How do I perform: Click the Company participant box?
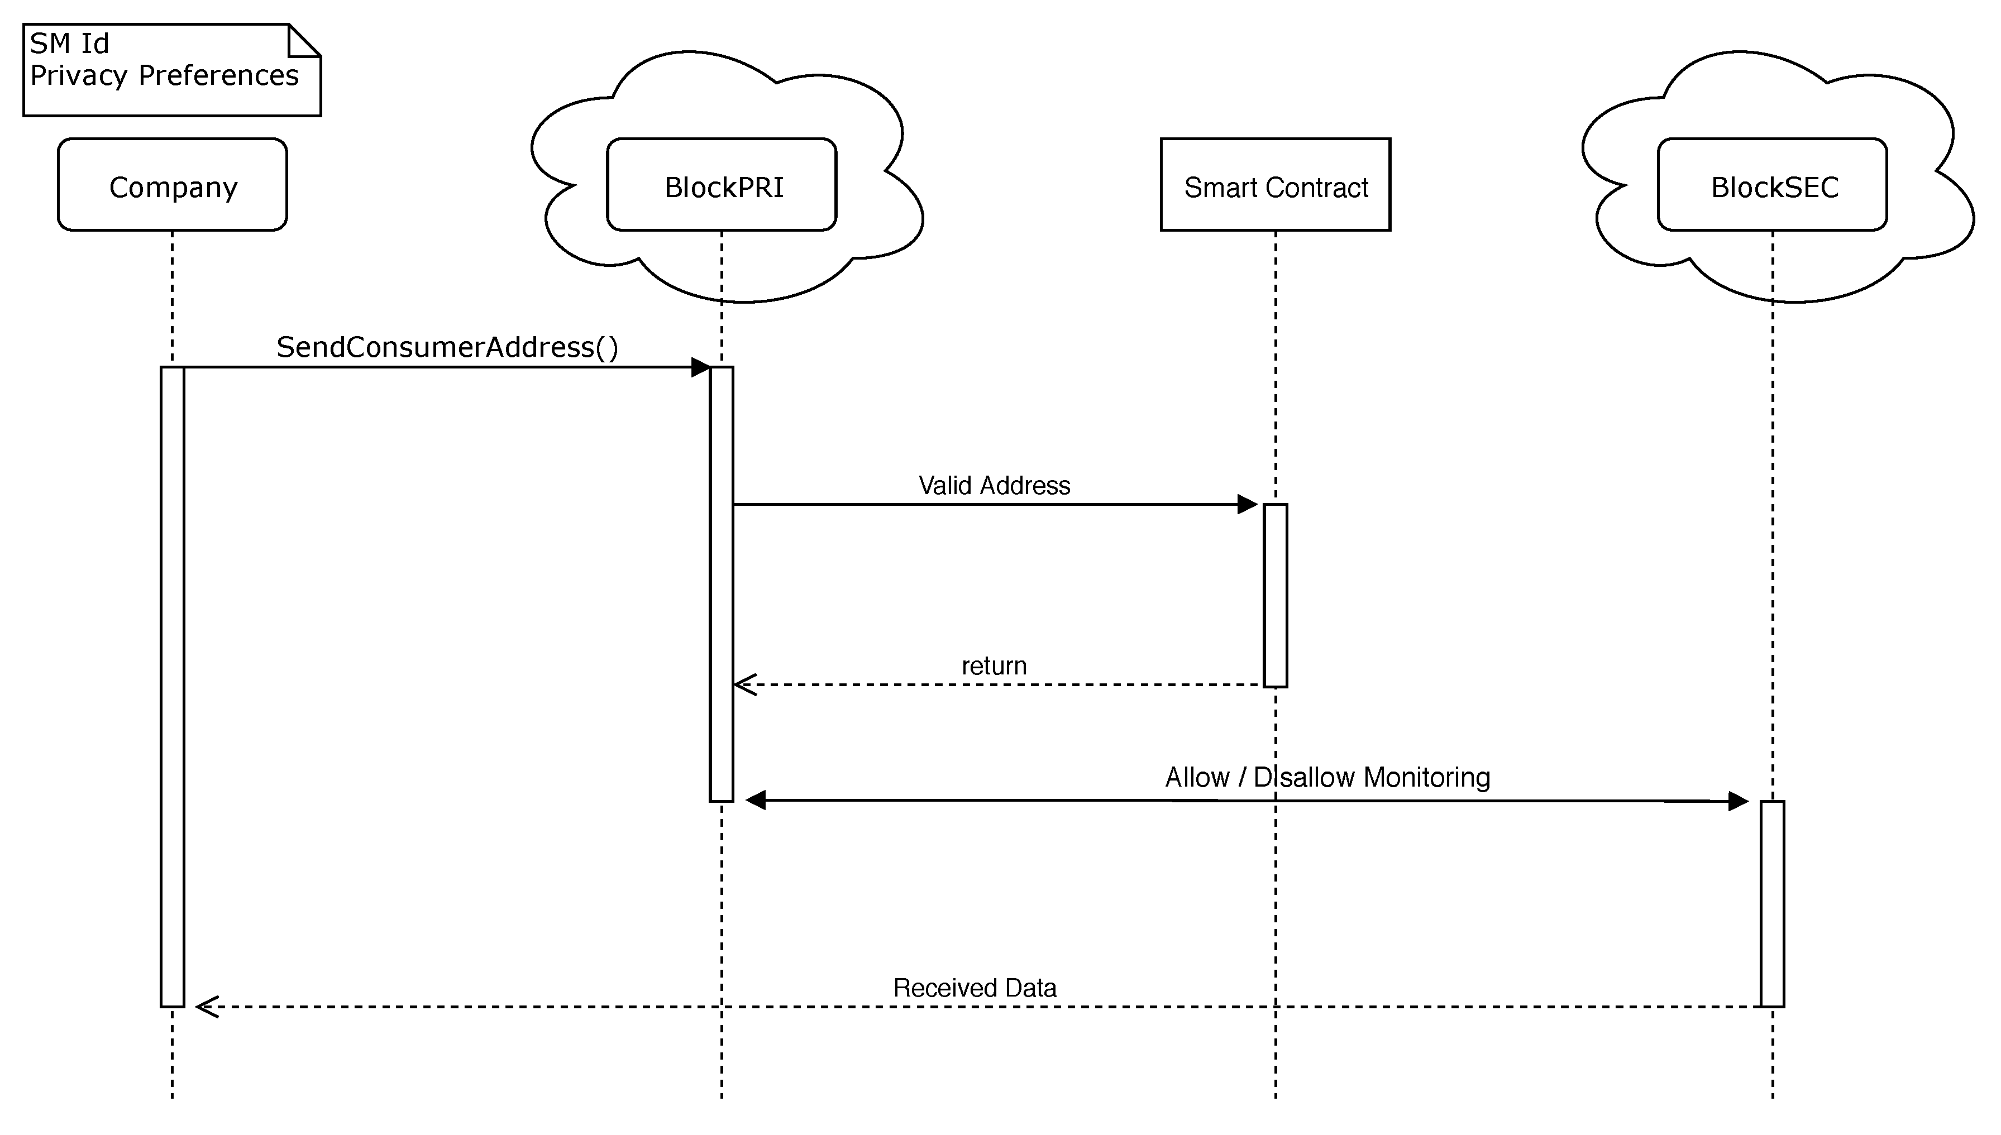click(x=173, y=185)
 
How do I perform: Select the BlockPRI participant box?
click(x=722, y=185)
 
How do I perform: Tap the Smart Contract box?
click(x=1275, y=185)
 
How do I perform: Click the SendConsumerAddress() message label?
click(x=447, y=347)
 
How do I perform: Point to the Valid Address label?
click(x=994, y=486)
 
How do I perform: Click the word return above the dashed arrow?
click(x=994, y=665)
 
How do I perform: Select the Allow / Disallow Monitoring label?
click(x=1327, y=777)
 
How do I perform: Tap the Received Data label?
click(x=974, y=988)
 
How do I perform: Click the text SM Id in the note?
click(x=69, y=44)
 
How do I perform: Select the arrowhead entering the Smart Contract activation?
click(x=1247, y=504)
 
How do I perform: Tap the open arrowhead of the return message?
click(x=746, y=684)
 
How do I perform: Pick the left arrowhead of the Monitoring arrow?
click(x=756, y=800)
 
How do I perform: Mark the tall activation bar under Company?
click(x=173, y=686)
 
